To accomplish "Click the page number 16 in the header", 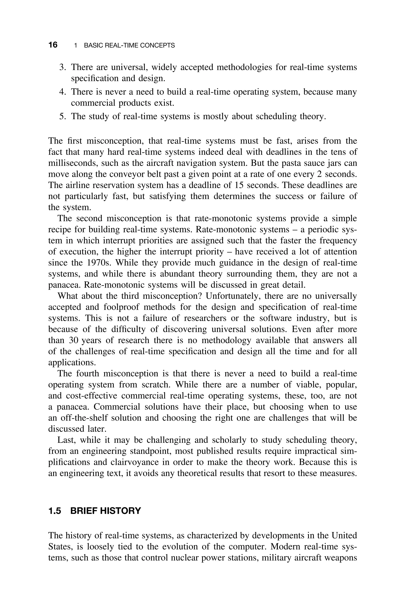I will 53,45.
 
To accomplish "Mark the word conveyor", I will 118,174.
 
